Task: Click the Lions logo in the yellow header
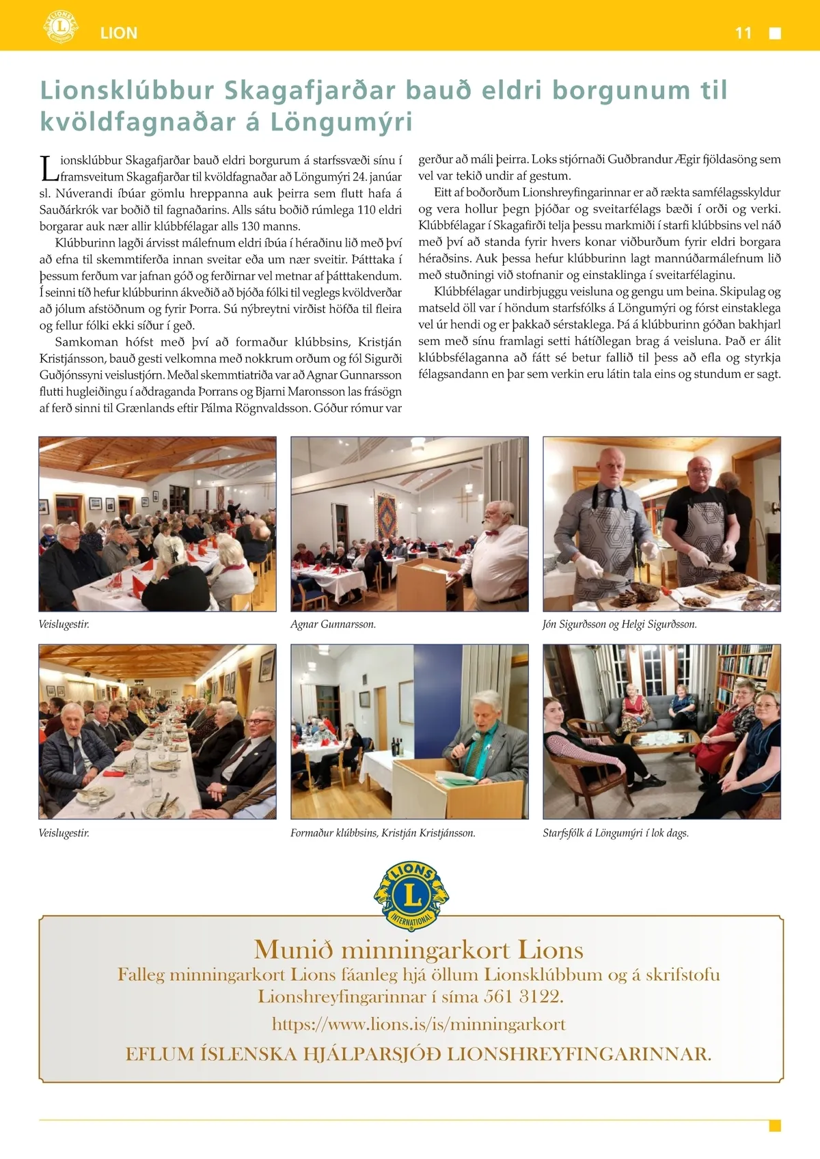(61, 27)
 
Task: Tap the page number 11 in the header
(743, 33)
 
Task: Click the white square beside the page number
(775, 33)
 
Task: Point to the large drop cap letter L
(48, 169)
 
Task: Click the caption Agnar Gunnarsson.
(333, 624)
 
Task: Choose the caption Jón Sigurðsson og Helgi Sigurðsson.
(619, 624)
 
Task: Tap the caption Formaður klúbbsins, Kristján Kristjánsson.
(383, 833)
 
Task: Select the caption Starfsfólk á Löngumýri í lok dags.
(616, 833)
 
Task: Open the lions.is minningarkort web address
(419, 1024)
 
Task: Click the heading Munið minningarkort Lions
(418, 950)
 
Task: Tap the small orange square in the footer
(775, 1126)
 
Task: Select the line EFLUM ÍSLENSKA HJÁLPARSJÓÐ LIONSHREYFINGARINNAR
(418, 1054)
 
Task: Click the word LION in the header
(119, 33)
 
